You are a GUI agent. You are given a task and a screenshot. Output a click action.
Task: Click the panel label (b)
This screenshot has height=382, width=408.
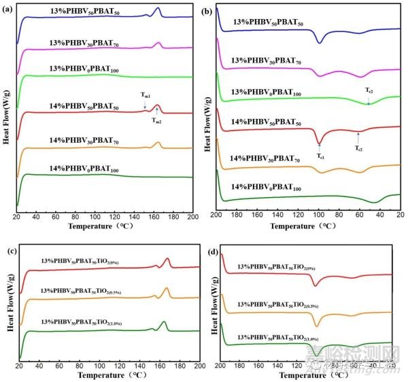(214, 10)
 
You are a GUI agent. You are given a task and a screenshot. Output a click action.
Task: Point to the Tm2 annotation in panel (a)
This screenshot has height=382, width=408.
(156, 120)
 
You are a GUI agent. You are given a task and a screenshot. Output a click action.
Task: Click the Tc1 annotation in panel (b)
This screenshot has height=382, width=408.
(320, 156)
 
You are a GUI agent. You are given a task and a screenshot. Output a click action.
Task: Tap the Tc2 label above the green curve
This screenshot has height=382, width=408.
(369, 90)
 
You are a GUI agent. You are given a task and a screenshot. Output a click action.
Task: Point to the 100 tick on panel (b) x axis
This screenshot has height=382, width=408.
(318, 215)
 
